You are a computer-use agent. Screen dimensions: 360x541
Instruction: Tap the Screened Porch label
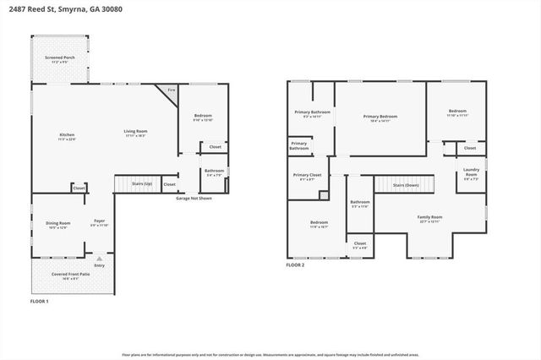59,60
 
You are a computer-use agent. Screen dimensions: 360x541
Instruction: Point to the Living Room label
136,133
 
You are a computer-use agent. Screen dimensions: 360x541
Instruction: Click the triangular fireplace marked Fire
170,91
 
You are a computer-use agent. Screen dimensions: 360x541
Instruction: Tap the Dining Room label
58,225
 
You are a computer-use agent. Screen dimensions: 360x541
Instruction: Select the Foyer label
99,223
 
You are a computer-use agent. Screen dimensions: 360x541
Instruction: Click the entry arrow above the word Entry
99,257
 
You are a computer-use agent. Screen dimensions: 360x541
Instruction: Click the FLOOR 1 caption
40,302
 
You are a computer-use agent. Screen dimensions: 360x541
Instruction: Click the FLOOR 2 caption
295,265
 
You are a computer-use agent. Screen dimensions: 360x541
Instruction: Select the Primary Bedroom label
380,118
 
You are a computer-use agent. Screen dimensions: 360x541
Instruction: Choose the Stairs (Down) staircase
407,185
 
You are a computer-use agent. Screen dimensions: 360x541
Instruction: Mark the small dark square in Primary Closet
323,195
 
